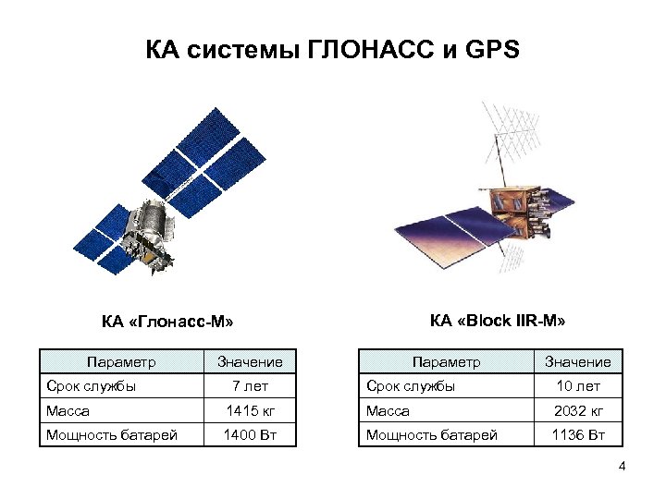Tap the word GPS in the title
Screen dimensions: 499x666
pyautogui.click(x=488, y=48)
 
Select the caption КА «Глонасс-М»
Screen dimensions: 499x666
pyautogui.click(x=167, y=323)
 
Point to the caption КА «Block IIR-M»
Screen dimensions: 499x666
pyautogui.click(x=498, y=321)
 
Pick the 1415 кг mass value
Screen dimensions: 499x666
pyautogui.click(x=249, y=410)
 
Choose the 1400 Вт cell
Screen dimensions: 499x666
pyautogui.click(x=249, y=434)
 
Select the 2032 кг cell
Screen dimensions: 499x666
pyautogui.click(x=577, y=410)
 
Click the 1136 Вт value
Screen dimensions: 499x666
pyautogui.click(x=577, y=434)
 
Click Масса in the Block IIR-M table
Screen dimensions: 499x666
pyautogui.click(x=388, y=410)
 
